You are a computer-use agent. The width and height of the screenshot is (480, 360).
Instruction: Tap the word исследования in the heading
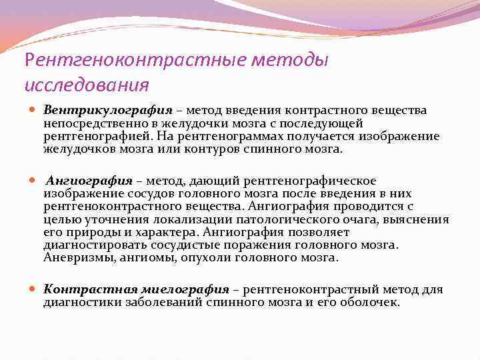click(x=86, y=85)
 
